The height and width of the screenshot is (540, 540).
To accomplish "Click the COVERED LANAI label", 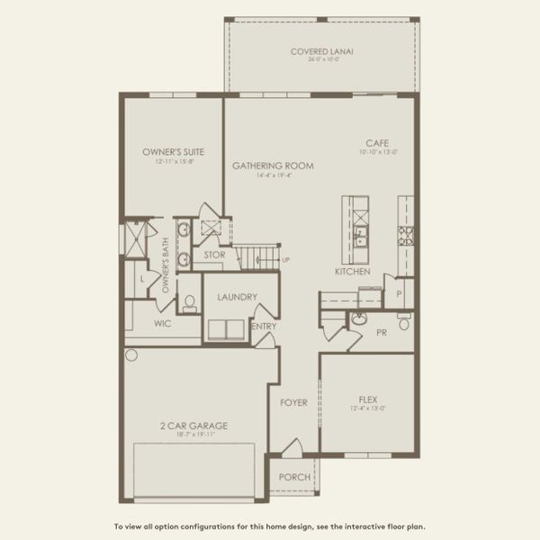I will click(x=321, y=51).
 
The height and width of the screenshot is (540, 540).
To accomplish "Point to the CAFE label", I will click(x=376, y=143).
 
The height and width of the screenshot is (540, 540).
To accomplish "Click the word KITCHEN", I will click(x=353, y=271).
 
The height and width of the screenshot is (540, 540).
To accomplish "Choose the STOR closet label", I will click(x=214, y=255).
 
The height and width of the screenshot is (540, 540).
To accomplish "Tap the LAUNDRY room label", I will click(x=238, y=297).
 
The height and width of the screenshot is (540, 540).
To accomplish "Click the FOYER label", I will click(x=293, y=402).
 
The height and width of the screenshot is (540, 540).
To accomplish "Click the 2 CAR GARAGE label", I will click(x=193, y=426).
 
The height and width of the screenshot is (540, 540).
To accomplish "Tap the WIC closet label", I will click(x=163, y=322).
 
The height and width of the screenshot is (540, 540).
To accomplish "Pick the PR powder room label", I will click(x=381, y=333).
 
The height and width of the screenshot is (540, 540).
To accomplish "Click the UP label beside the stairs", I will click(x=286, y=261).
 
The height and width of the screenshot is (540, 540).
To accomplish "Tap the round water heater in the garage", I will click(x=131, y=355).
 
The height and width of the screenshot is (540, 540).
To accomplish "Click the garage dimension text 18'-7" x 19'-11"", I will click(x=193, y=436).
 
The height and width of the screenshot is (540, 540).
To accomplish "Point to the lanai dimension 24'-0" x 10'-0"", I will click(x=321, y=60).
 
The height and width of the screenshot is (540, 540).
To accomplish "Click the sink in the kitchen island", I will click(x=360, y=238).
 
